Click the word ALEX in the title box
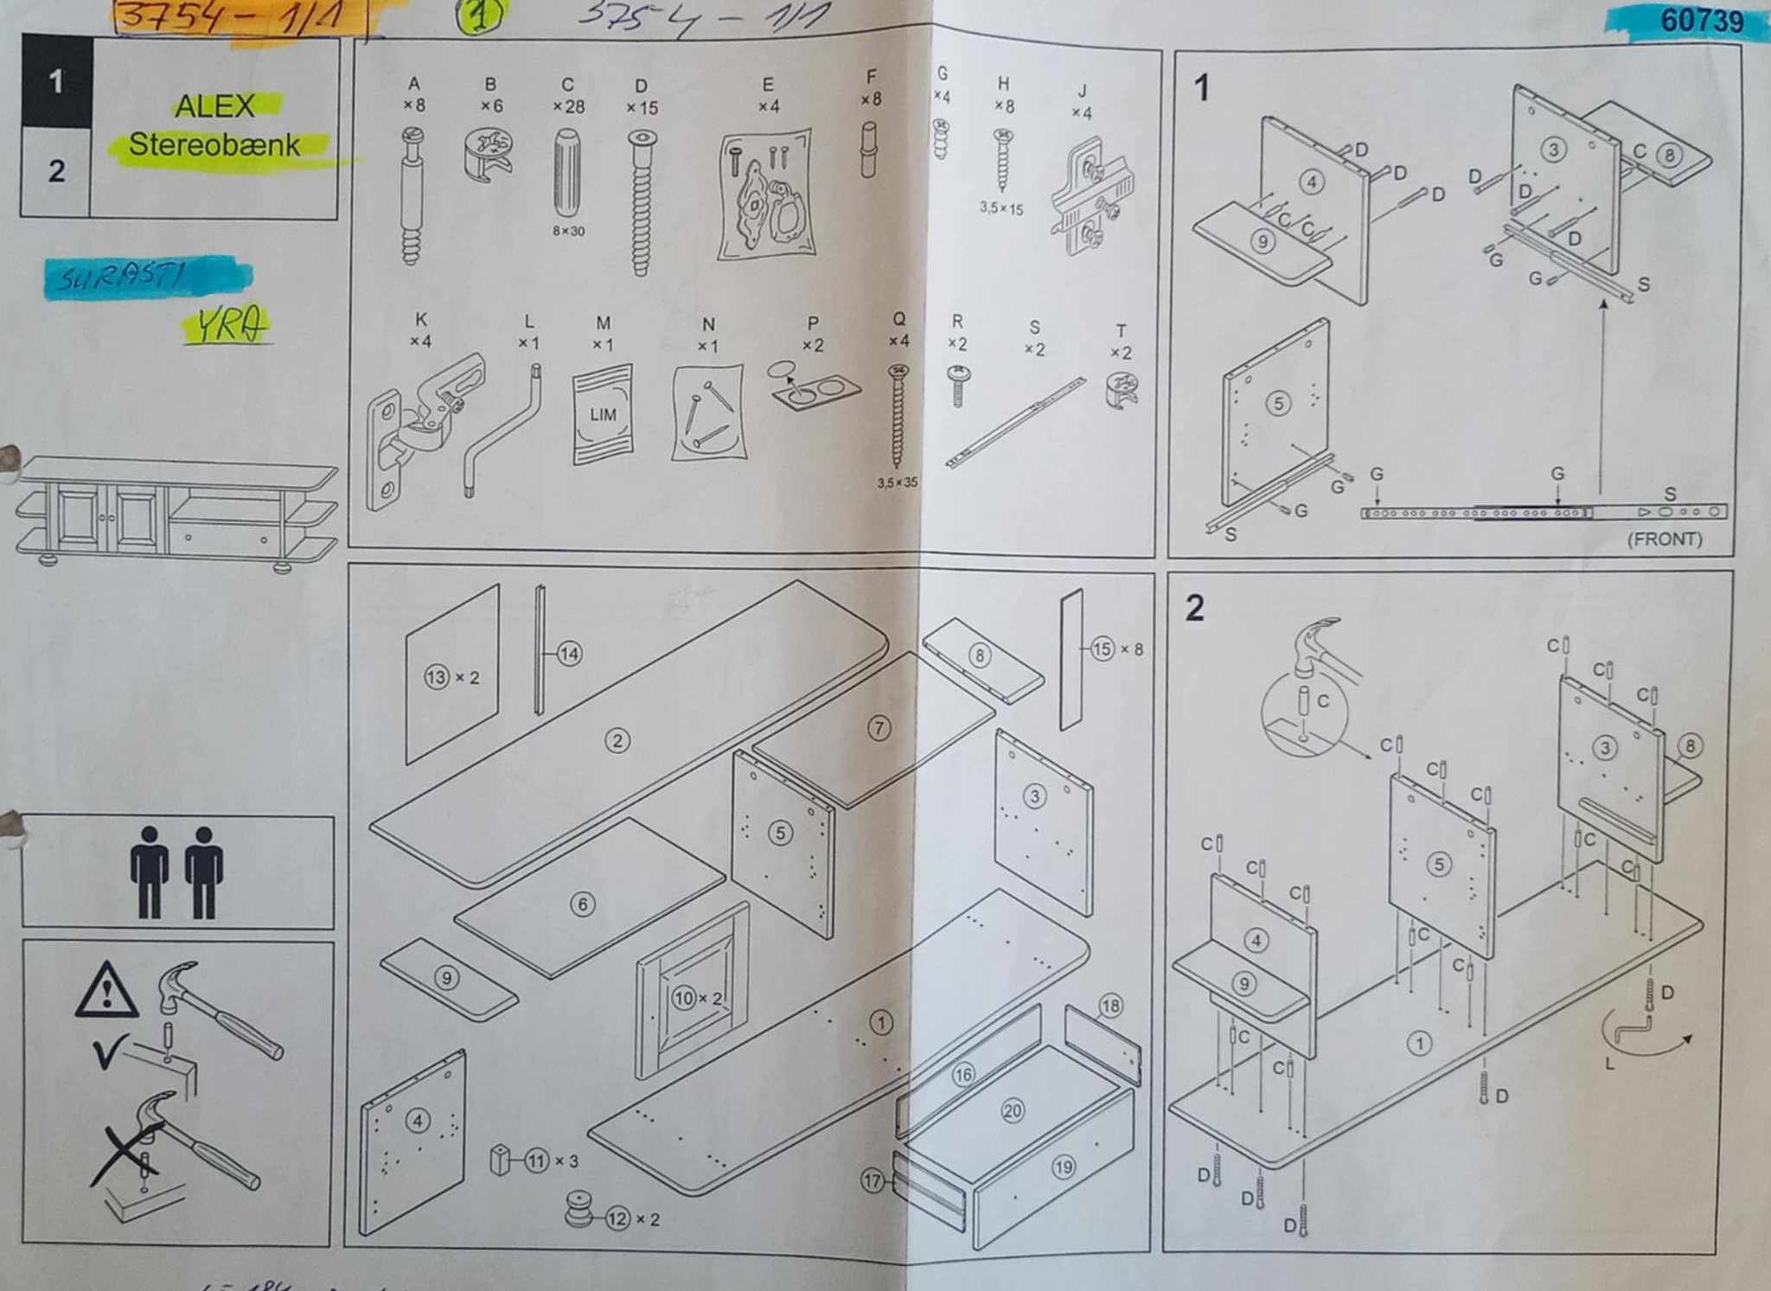214,106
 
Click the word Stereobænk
214,144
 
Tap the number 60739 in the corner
1701,21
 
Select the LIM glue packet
603,414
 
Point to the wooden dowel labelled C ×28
567,173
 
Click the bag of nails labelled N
708,412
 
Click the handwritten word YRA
227,326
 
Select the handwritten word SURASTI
121,278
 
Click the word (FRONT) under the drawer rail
1665,540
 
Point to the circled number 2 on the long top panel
617,740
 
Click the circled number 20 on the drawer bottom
1012,1111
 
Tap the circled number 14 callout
569,654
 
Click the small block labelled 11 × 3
500,1159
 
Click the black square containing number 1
56,81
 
